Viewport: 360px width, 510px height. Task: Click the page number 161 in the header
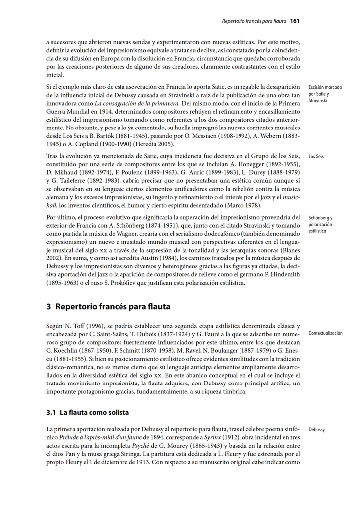click(294, 21)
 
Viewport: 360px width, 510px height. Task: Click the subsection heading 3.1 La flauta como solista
click(87, 412)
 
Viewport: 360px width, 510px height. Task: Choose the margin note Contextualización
click(325, 333)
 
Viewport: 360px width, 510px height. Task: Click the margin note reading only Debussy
click(317, 429)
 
